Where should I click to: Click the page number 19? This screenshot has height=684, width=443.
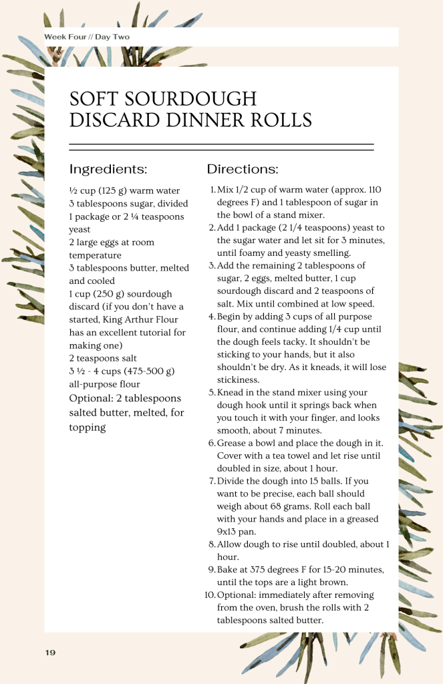pyautogui.click(x=51, y=652)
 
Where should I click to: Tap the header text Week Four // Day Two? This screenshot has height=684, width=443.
pyautogui.click(x=87, y=37)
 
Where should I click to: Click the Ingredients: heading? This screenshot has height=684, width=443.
pyautogui.click(x=108, y=169)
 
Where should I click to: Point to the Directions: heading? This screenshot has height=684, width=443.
pyautogui.click(x=243, y=169)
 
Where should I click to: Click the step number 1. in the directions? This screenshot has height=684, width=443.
pyautogui.click(x=212, y=190)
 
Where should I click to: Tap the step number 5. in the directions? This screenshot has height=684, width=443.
pyautogui.click(x=212, y=392)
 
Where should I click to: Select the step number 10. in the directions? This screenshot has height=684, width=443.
pyautogui.click(x=210, y=594)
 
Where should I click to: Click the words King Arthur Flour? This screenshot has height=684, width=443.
pyautogui.click(x=150, y=319)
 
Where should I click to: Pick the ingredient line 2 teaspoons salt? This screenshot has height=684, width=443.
pyautogui.click(x=103, y=358)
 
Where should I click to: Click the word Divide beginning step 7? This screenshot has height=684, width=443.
pyautogui.click(x=231, y=481)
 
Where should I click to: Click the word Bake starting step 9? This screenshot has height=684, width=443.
pyautogui.click(x=227, y=569)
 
